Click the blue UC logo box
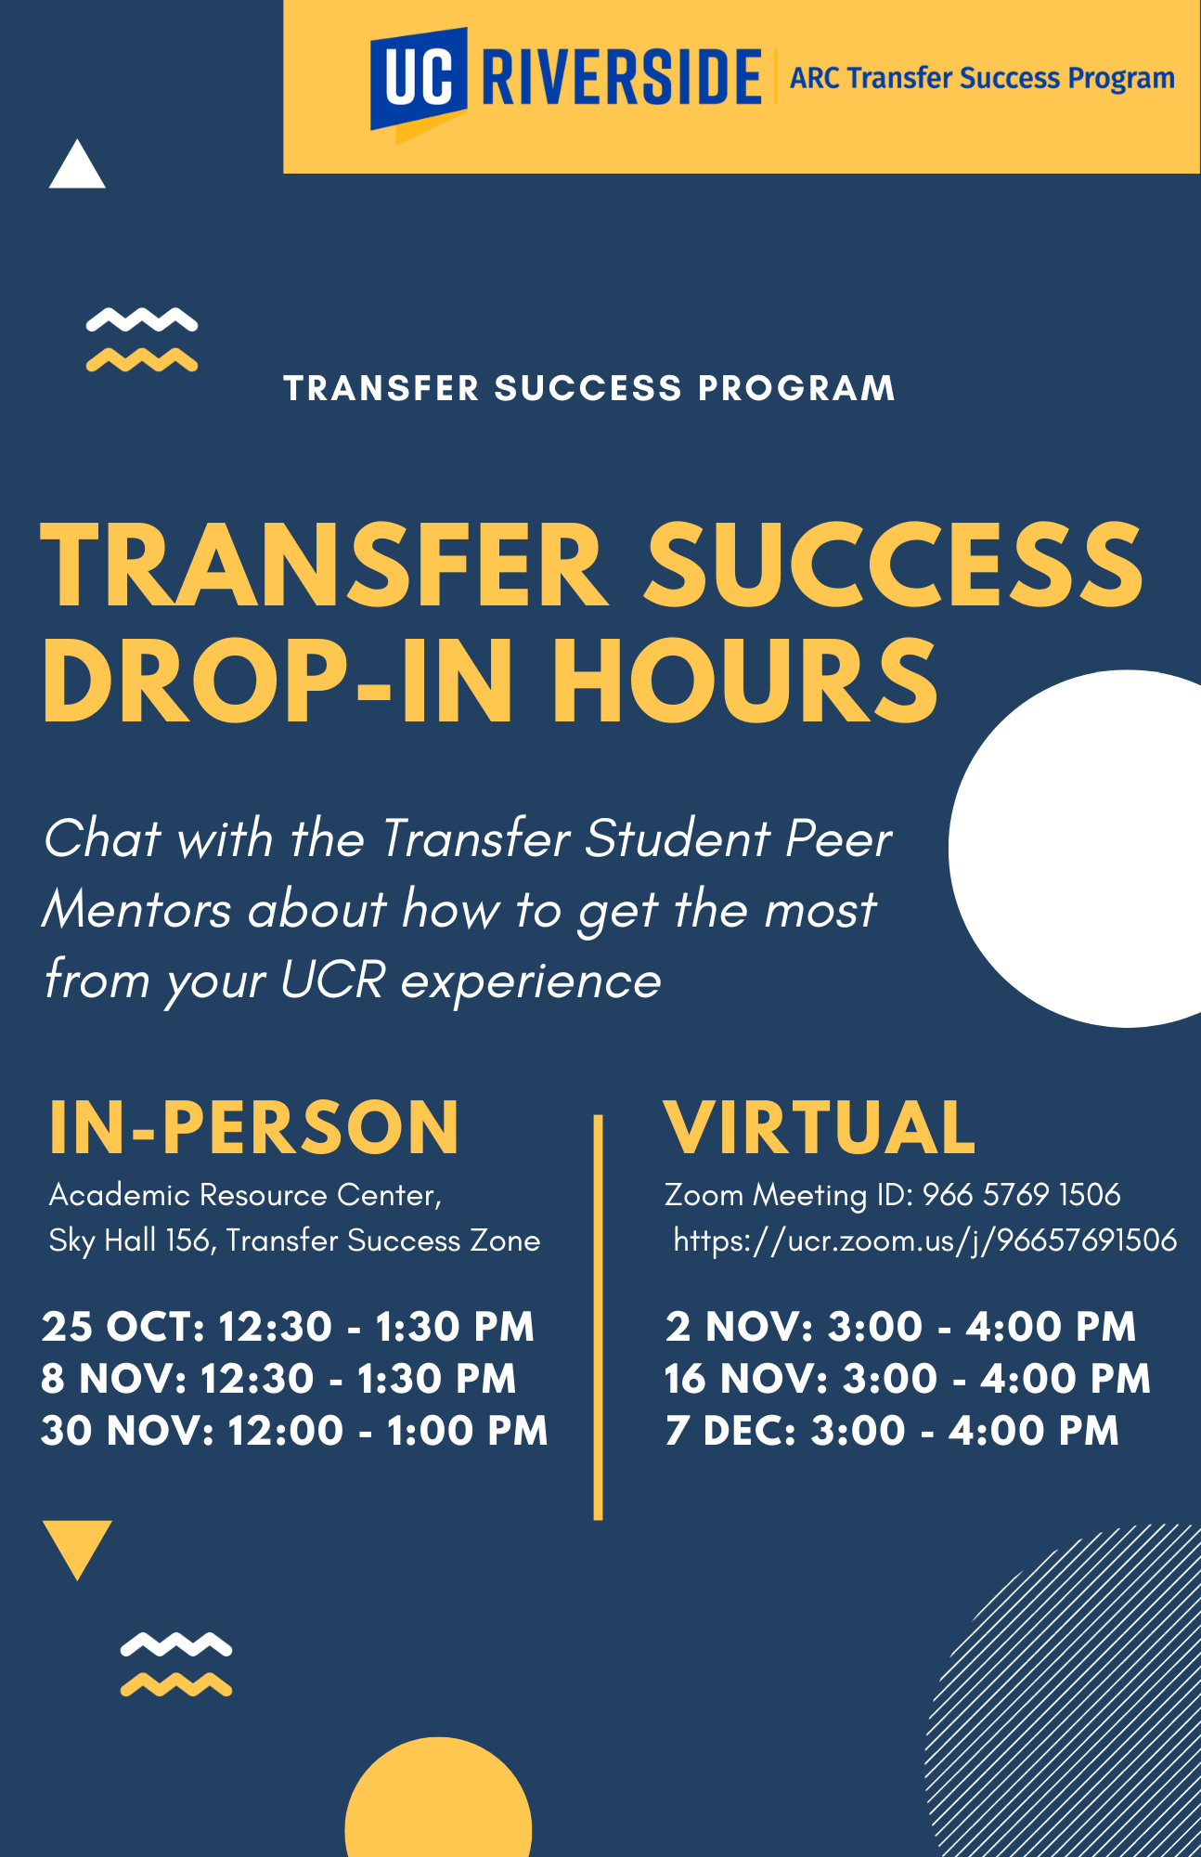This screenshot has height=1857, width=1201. pyautogui.click(x=418, y=79)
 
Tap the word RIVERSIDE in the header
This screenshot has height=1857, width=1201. pyautogui.click(x=622, y=78)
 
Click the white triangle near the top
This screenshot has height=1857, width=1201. pyautogui.click(x=77, y=164)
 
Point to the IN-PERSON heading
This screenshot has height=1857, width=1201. pyautogui.click(x=253, y=1127)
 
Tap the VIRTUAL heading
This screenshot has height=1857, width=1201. pyautogui.click(x=820, y=1127)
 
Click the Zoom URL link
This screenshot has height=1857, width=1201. pyautogui.click(x=925, y=1240)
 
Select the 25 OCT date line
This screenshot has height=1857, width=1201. pyautogui.click(x=288, y=1327)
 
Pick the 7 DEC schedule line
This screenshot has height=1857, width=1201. pyautogui.click(x=892, y=1431)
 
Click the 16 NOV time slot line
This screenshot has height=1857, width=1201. pyautogui.click(x=908, y=1379)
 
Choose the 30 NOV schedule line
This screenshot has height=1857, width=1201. pyautogui.click(x=295, y=1431)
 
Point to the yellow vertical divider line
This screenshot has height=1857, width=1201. pyautogui.click(x=598, y=1318)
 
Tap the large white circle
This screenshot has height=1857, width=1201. pyautogui.click(x=1075, y=849)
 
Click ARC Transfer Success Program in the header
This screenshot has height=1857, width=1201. pyautogui.click(x=982, y=78)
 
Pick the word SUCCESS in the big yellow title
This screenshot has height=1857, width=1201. pyautogui.click(x=895, y=565)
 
